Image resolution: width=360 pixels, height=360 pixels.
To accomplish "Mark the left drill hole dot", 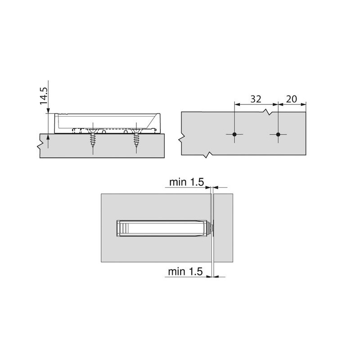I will tap(235, 135).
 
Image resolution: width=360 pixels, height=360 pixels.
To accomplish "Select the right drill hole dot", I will tap(278, 135).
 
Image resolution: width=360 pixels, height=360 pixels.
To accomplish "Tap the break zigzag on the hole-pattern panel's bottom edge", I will tap(207, 156).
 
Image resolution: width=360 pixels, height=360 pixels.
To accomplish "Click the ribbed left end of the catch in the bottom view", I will tap(120, 228).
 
